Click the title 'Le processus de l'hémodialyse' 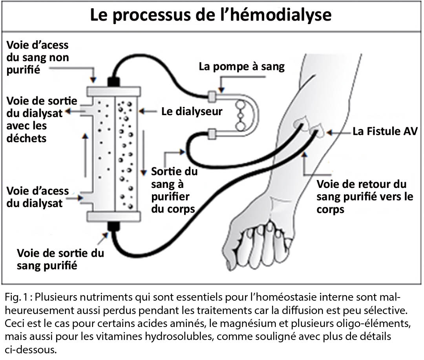click(211, 16)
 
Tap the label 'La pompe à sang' click(241, 66)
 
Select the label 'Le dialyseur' click(192, 111)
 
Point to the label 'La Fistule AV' click(384, 131)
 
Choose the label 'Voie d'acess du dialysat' click(38, 197)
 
